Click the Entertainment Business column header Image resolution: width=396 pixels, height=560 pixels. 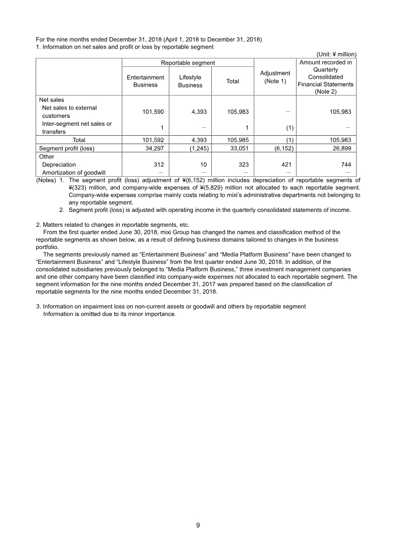146,81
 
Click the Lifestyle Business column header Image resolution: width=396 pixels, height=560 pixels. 190,81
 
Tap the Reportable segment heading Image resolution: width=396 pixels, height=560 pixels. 188,63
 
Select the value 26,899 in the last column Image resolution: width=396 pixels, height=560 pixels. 341,148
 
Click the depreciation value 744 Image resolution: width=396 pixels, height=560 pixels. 346,164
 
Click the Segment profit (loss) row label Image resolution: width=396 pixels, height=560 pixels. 66,148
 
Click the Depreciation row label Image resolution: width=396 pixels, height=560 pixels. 59,164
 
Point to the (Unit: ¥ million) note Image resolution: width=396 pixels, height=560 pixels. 336,54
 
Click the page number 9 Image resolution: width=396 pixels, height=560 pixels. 198,525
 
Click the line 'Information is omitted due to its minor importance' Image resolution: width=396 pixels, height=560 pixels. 109,314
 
